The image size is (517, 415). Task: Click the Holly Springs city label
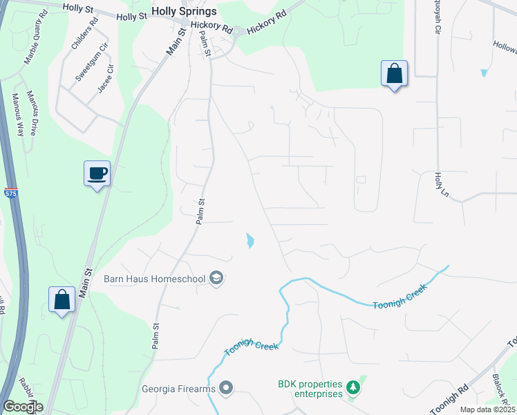click(x=184, y=12)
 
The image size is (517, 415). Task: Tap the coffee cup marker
click(x=97, y=173)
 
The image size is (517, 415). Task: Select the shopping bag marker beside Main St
click(x=62, y=300)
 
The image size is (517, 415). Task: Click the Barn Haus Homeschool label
click(x=154, y=279)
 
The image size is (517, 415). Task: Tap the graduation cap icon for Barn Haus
click(x=216, y=278)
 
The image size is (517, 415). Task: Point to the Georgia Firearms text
click(x=179, y=388)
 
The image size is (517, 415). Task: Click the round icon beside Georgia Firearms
click(x=226, y=387)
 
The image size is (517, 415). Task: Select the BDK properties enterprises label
click(x=310, y=389)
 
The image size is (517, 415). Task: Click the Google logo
click(x=22, y=407)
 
